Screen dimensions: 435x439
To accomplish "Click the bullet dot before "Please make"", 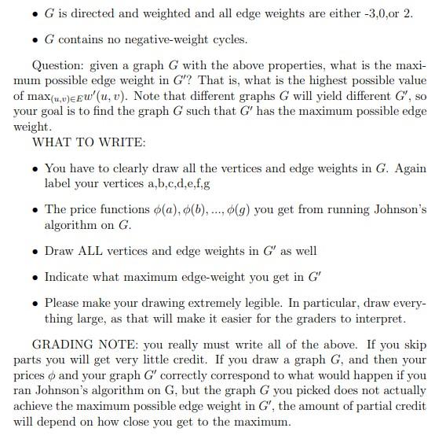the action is click(33, 303).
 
